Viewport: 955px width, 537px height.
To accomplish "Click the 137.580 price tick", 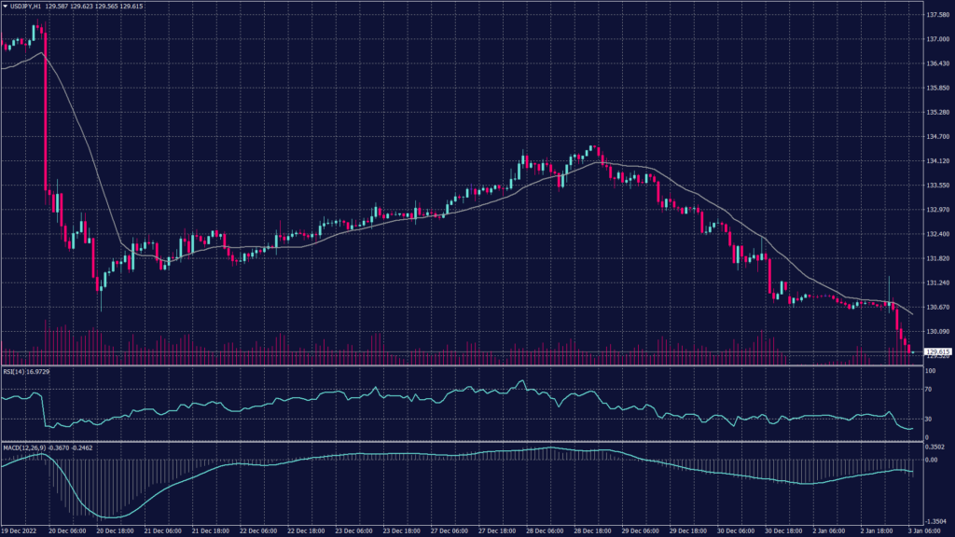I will [937, 15].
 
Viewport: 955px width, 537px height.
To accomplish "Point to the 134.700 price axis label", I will [937, 136].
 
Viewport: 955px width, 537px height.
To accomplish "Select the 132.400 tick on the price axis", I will [937, 234].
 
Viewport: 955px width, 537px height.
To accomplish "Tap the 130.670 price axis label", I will [937, 307].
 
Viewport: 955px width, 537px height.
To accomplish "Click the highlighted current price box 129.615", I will [937, 351].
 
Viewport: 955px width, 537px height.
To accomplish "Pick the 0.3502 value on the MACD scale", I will [936, 447].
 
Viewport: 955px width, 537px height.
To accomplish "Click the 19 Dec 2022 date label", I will [20, 530].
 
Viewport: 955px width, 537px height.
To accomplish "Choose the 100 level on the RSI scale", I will [930, 371].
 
